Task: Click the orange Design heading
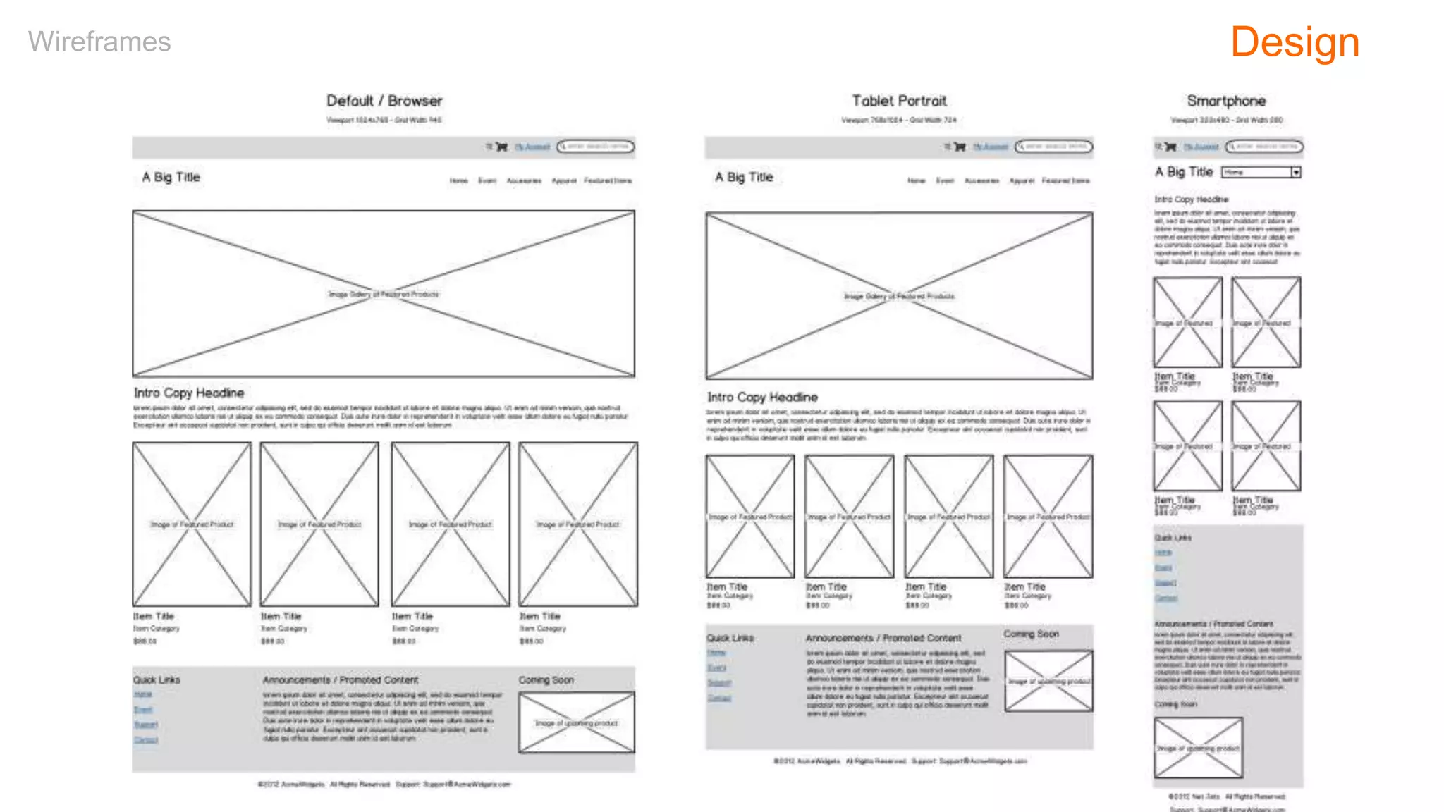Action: pyautogui.click(x=1295, y=42)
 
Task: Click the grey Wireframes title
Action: pyautogui.click(x=99, y=42)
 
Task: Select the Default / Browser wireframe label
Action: pyautogui.click(x=384, y=101)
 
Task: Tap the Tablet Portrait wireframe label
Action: pyautogui.click(x=899, y=101)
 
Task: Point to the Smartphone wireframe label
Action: pyautogui.click(x=1226, y=101)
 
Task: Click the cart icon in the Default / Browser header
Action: pyautogui.click(x=501, y=147)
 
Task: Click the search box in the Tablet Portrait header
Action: pyautogui.click(x=1054, y=147)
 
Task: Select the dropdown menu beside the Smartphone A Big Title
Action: pyautogui.click(x=1261, y=172)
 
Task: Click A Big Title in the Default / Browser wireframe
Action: pyautogui.click(x=171, y=177)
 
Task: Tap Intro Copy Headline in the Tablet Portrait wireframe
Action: pyautogui.click(x=762, y=398)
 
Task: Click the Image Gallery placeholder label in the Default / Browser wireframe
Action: pyautogui.click(x=384, y=294)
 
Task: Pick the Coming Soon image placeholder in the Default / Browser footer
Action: pyautogui.click(x=577, y=722)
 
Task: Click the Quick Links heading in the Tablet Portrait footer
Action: pyautogui.click(x=730, y=638)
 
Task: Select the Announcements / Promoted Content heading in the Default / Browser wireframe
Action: pyautogui.click(x=341, y=680)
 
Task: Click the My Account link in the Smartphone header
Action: pyautogui.click(x=1201, y=147)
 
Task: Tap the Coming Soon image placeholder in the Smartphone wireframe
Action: pyautogui.click(x=1198, y=748)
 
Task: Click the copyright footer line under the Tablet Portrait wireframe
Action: pyautogui.click(x=900, y=761)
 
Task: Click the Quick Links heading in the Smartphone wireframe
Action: pyautogui.click(x=1173, y=538)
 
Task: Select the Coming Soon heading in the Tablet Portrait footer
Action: pyautogui.click(x=1031, y=634)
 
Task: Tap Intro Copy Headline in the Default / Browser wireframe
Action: pyautogui.click(x=189, y=393)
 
